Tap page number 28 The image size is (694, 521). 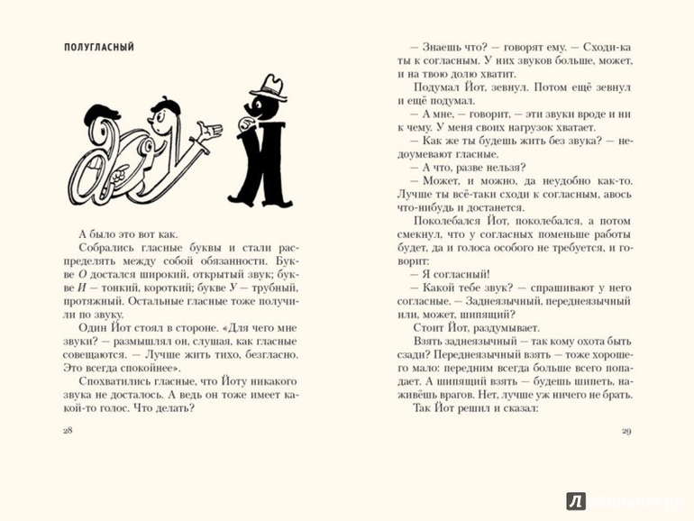tap(66, 430)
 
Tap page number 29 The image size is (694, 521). tap(626, 430)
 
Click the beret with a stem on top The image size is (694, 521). tap(166, 108)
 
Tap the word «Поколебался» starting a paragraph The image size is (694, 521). tap(452, 220)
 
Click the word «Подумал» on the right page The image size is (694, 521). tap(436, 88)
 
